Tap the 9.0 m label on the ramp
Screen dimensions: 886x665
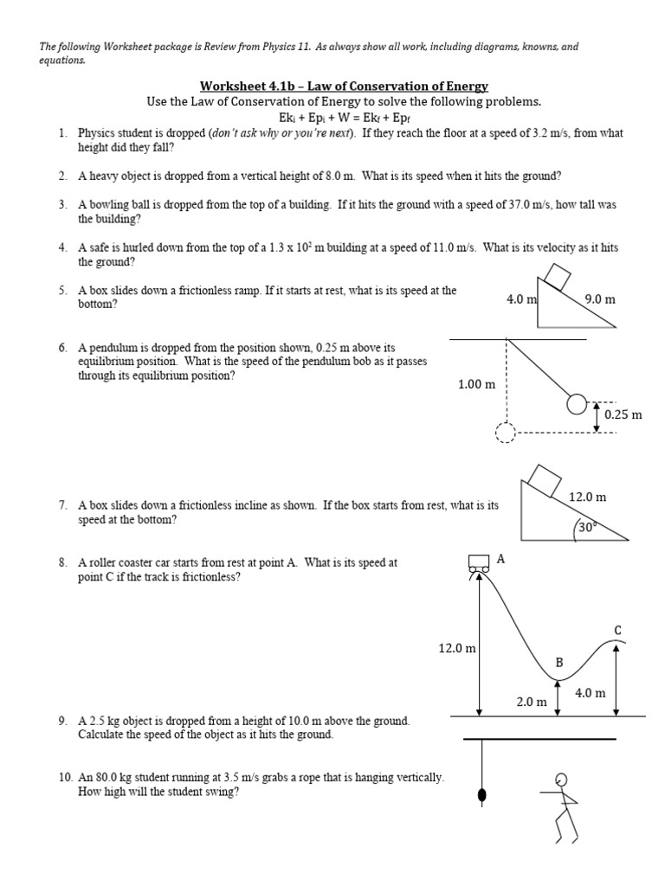(x=599, y=299)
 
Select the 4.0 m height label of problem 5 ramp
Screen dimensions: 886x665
(x=522, y=299)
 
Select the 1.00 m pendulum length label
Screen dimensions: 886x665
(x=476, y=384)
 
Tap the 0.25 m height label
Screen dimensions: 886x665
(x=623, y=414)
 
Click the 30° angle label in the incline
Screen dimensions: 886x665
(x=589, y=525)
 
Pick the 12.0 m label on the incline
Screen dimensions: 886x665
(x=587, y=497)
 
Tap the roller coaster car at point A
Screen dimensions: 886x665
(x=477, y=563)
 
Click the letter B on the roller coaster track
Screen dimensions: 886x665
(x=559, y=663)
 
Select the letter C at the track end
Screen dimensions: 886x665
(x=618, y=629)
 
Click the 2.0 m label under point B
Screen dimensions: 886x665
(x=532, y=702)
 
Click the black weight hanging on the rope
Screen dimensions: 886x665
(x=482, y=794)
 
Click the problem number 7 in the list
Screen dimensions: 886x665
(x=63, y=504)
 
